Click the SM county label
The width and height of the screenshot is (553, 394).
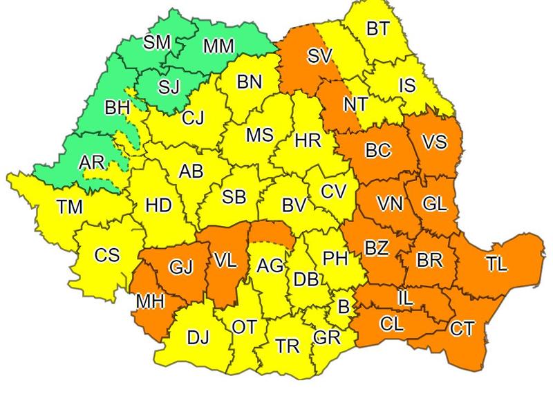tap(157, 42)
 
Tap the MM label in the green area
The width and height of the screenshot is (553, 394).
tap(218, 46)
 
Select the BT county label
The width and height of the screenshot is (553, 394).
tap(377, 28)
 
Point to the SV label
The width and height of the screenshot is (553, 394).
tap(320, 57)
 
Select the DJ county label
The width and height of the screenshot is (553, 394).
tap(198, 338)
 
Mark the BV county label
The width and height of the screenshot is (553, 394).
tap(294, 205)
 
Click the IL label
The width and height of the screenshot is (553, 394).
tap(406, 298)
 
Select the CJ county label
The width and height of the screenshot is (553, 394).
tap(194, 118)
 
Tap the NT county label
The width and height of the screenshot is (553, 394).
tap(355, 105)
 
